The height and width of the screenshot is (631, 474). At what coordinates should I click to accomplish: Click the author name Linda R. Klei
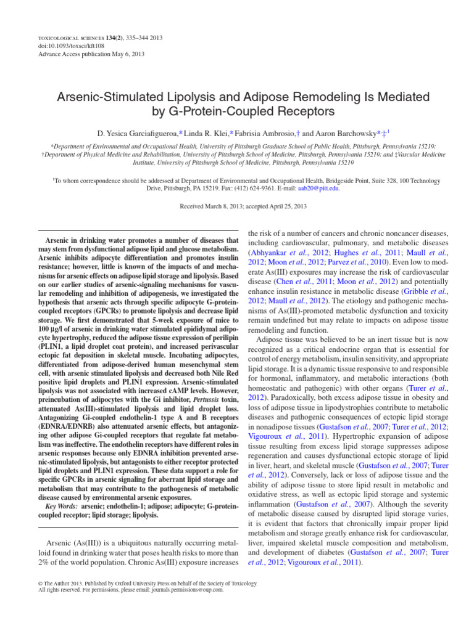[206, 133]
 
